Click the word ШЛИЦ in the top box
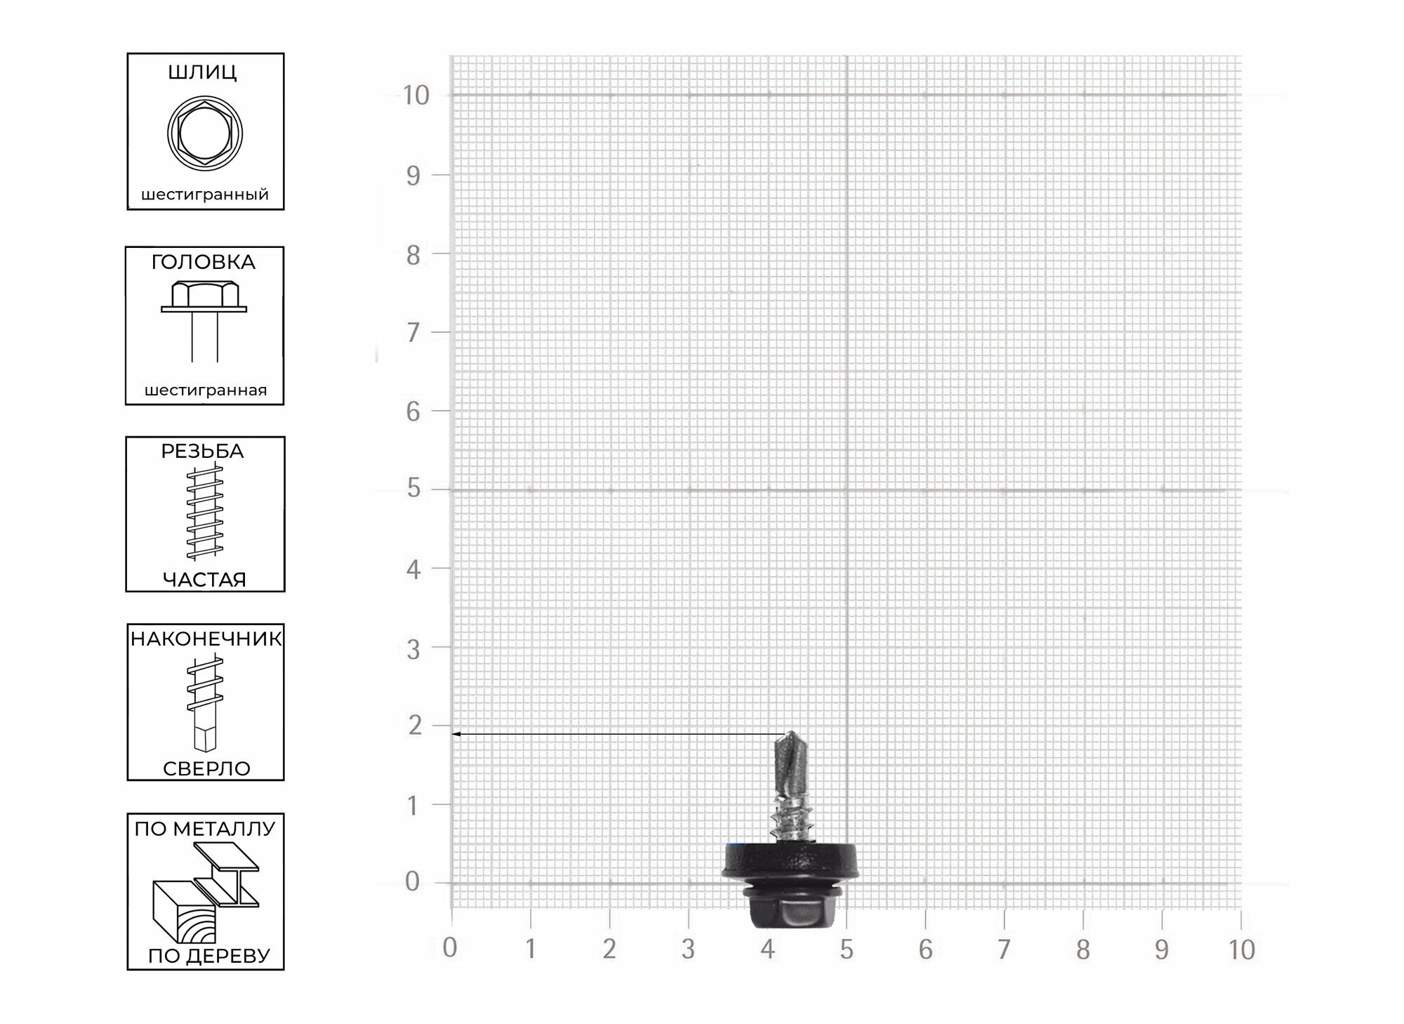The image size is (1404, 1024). pyautogui.click(x=202, y=73)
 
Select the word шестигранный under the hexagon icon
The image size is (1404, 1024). pyautogui.click(x=205, y=195)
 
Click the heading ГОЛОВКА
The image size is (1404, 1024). pyautogui.click(x=204, y=263)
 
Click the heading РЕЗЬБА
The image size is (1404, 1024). pyautogui.click(x=202, y=452)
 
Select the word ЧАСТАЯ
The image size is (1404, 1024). pyautogui.click(x=204, y=580)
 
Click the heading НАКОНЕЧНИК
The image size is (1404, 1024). pyautogui.click(x=206, y=639)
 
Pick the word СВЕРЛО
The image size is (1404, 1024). pyautogui.click(x=206, y=769)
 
